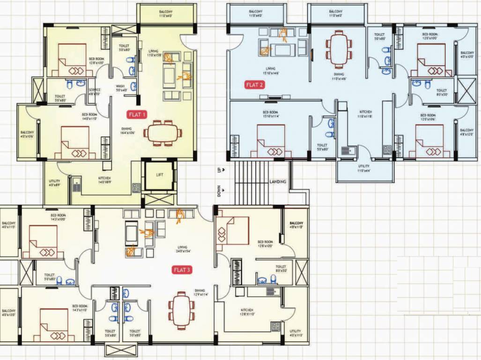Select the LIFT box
tap(160, 175)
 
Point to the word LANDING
tap(278, 181)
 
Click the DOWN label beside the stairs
tap(219, 191)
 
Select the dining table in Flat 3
tap(182, 311)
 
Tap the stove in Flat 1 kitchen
tap(136, 187)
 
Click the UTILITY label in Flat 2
tap(364, 166)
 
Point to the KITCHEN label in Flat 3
tap(247, 310)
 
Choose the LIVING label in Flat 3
tap(182, 247)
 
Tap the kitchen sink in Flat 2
tap(348, 150)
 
